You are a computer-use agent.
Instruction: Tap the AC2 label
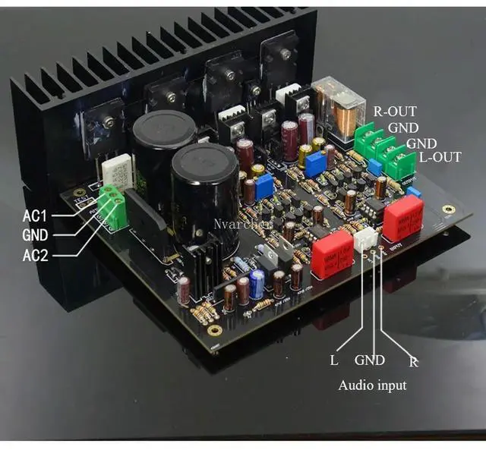[x=36, y=256]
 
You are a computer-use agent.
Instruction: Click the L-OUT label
[x=440, y=158]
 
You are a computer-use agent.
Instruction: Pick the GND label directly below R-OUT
[x=402, y=127]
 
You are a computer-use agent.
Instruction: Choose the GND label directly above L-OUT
[x=421, y=143]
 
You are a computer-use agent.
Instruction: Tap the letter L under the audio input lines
[x=334, y=360]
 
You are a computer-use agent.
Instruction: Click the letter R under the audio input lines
[x=414, y=361]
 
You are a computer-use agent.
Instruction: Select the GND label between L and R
[x=371, y=360]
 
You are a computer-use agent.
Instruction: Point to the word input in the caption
[x=390, y=386]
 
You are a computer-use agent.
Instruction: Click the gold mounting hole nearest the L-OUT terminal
[x=448, y=209]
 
